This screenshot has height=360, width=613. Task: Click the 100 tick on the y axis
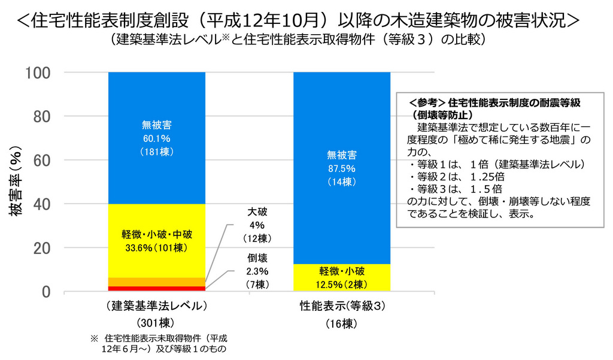37,72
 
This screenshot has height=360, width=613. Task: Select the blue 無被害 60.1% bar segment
156,138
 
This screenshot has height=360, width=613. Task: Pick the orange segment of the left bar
156,282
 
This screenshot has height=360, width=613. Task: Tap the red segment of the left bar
156,289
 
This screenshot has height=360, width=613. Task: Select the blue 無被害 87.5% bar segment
341,168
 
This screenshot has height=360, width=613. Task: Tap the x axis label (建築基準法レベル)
156,306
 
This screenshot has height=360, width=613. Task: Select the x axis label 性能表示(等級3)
342,306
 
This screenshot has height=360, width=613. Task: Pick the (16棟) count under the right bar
342,324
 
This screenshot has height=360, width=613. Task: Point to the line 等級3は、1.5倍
455,187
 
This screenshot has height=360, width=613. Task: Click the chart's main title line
298,20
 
